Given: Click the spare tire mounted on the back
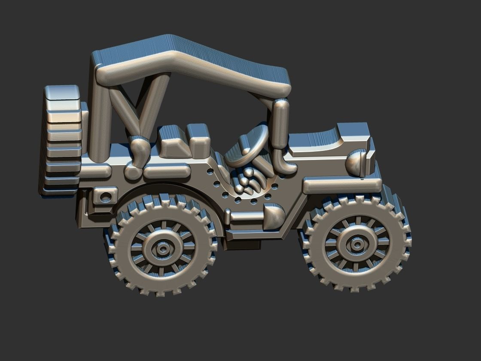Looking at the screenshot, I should (x=61, y=140).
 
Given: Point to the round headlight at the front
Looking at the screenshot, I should (x=357, y=163).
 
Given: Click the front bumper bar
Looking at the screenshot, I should (x=341, y=185).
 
